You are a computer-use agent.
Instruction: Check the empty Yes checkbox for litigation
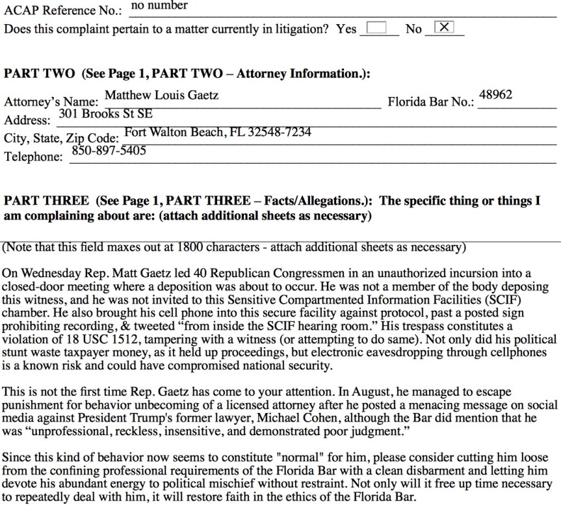coord(376,28)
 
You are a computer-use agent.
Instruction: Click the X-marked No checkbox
coord(444,27)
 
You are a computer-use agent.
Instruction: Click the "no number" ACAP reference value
coord(159,6)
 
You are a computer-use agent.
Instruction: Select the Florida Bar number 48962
coord(495,95)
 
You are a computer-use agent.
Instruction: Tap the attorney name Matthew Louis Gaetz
coord(161,96)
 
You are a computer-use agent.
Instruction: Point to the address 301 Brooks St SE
coord(105,114)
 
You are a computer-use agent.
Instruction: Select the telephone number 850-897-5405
coord(109,151)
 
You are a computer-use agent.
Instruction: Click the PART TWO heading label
coord(39,74)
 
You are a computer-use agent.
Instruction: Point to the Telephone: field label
coord(34,157)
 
